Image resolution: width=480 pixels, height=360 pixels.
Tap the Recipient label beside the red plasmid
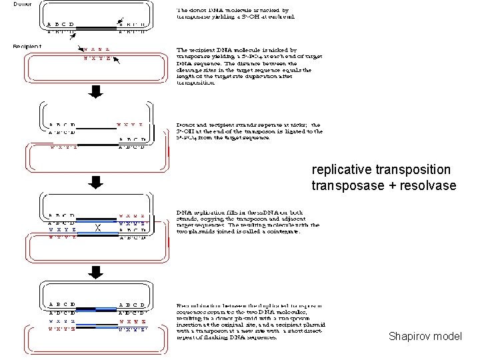click(27, 47)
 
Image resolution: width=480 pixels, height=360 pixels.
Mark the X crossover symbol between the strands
click(98, 227)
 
